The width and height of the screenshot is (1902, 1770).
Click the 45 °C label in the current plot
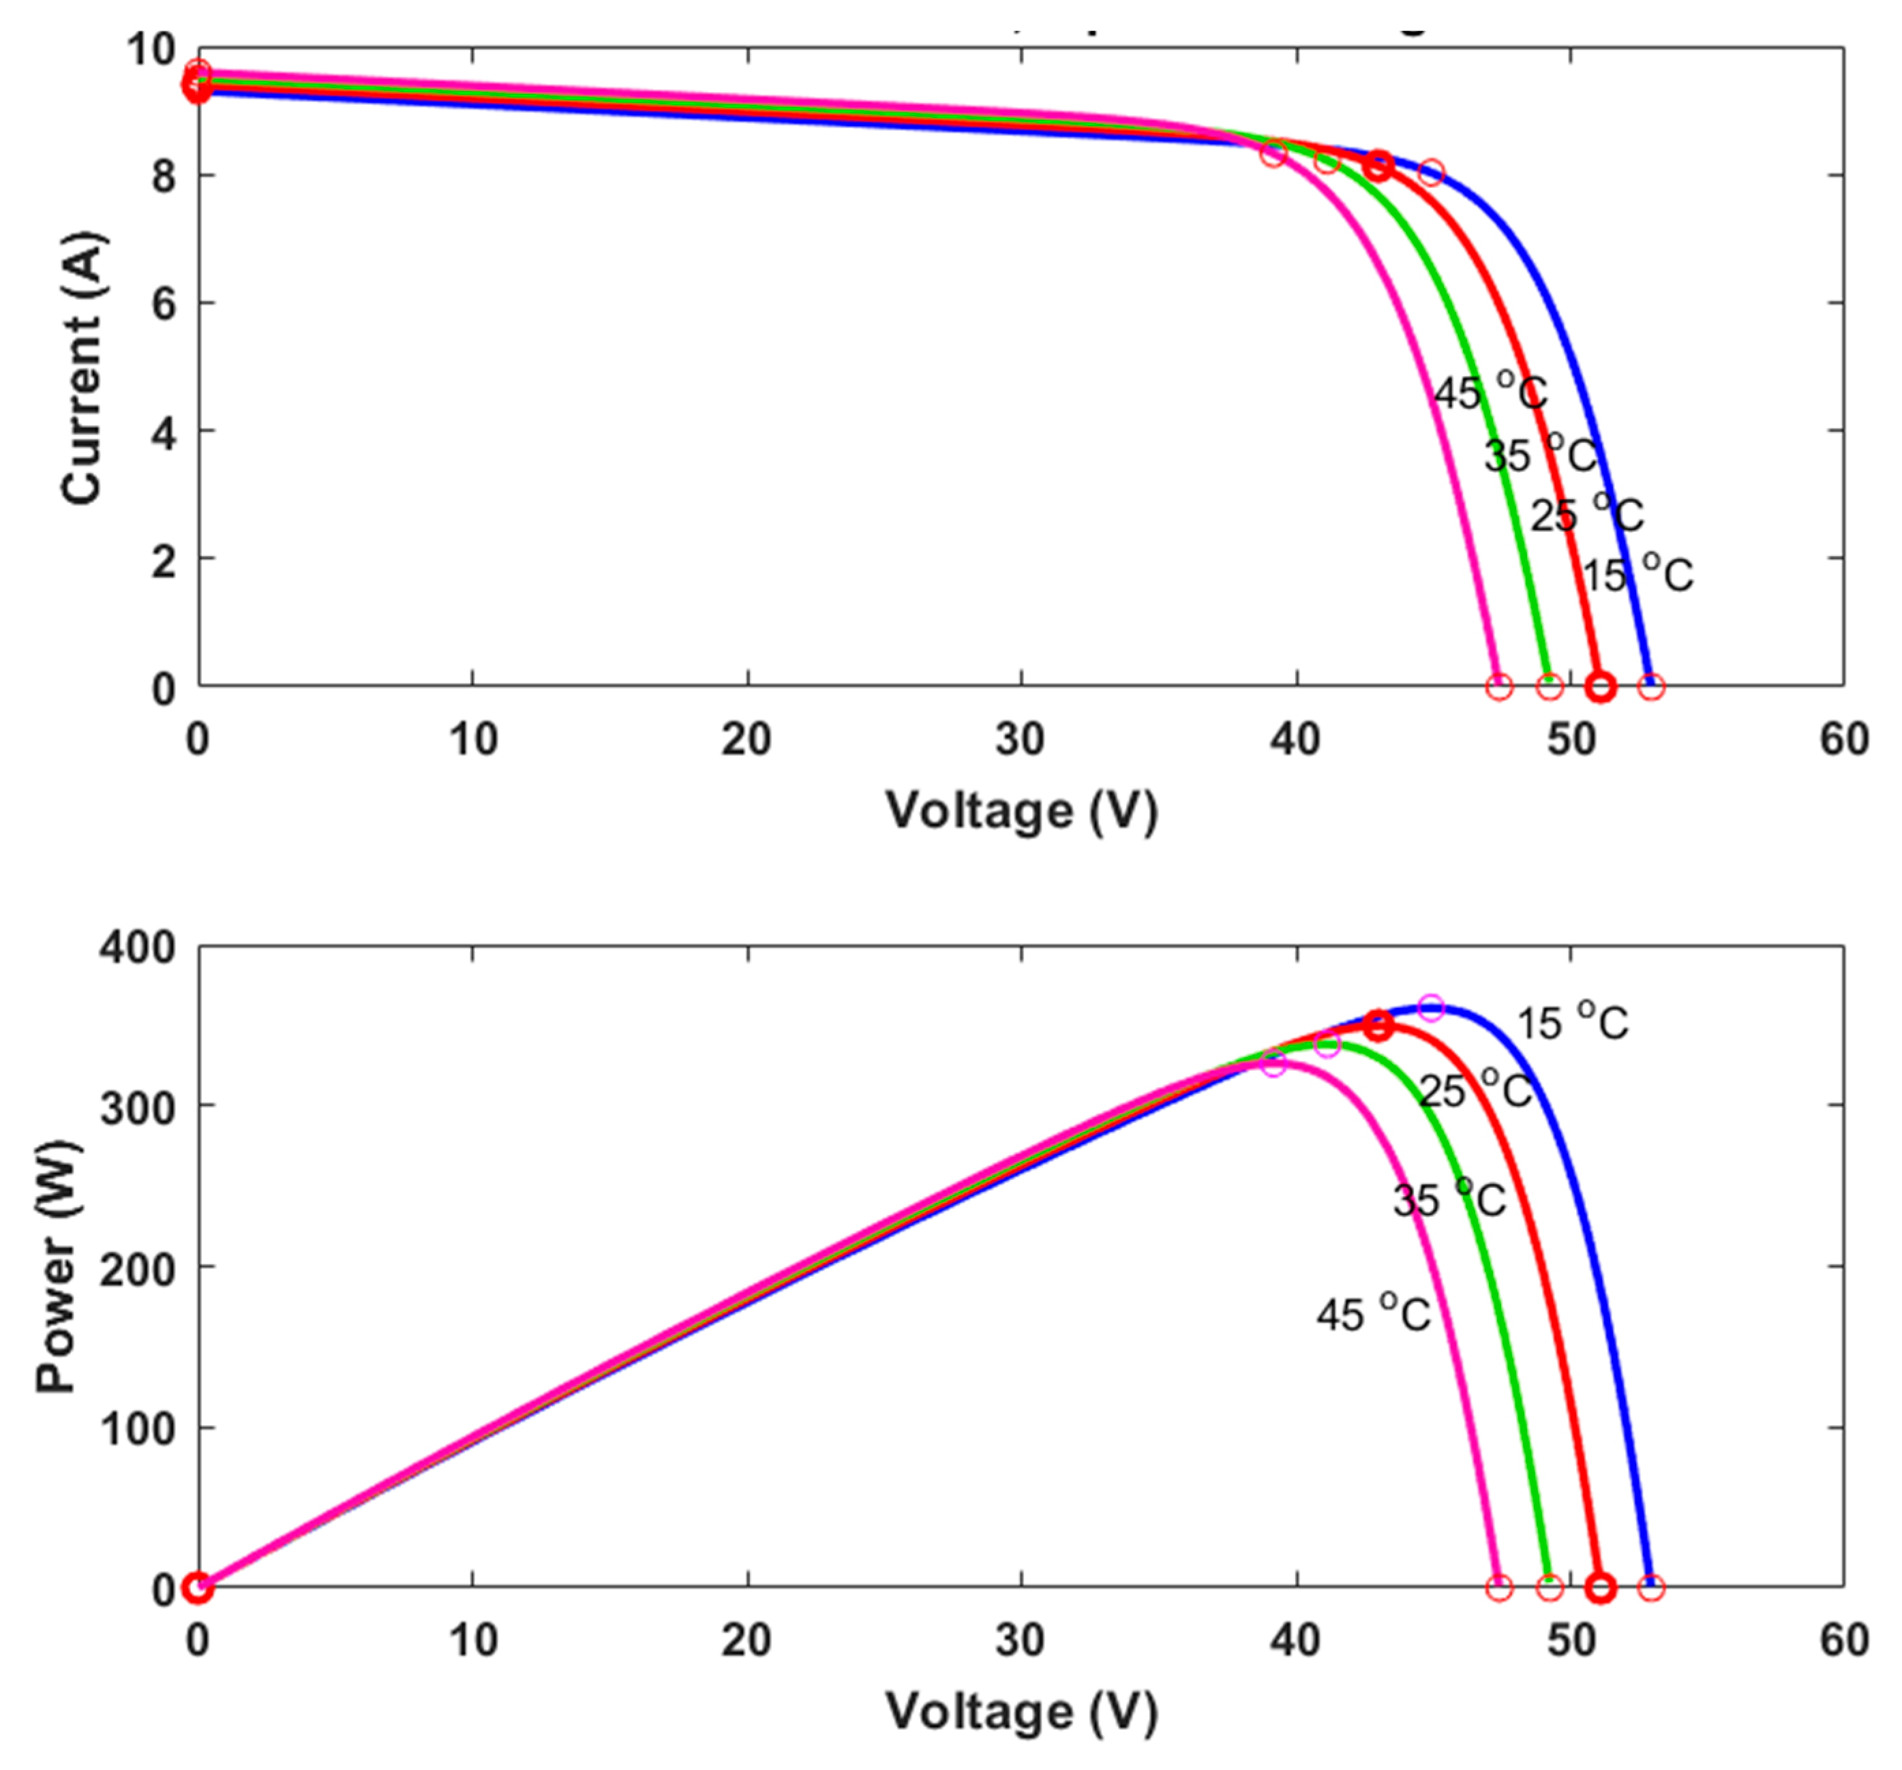point(1490,393)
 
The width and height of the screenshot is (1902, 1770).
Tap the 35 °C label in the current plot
point(1539,455)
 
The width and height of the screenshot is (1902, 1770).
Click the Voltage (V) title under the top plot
point(1021,811)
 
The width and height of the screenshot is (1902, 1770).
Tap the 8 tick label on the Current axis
point(164,176)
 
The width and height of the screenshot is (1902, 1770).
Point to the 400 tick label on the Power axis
point(138,947)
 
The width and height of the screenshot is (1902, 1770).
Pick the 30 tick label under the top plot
point(1020,739)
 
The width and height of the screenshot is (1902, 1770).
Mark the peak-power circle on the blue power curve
point(1430,1007)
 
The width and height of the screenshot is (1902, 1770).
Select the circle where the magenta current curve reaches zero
point(1499,686)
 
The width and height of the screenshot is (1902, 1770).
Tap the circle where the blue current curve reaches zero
point(1651,686)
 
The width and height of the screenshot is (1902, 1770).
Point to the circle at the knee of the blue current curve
point(1430,172)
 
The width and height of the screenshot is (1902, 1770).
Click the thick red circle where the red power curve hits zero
point(1601,1588)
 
